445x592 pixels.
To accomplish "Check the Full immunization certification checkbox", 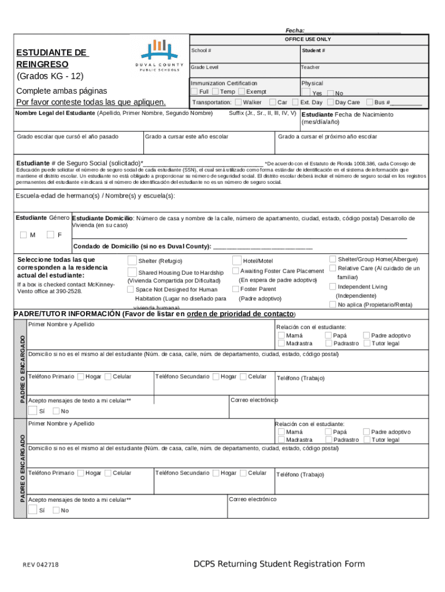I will click(194, 91).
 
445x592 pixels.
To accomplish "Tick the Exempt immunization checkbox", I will click(241, 91).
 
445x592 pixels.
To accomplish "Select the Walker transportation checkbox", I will click(238, 102).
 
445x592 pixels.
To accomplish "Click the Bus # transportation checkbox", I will click(369, 102).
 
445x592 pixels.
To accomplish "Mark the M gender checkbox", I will click(23, 235).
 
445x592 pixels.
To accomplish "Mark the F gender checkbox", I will click(51, 235).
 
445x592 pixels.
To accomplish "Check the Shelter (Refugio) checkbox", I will click(132, 261).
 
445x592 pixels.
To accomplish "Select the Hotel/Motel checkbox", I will click(237, 261).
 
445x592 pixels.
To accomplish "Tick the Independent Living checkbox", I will click(332, 287).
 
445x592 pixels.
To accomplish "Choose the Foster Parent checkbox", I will click(236, 288).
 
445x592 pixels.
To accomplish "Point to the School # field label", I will click(201, 50).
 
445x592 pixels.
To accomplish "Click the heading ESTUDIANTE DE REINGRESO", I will click(51, 58).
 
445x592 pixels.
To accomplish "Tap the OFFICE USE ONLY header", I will click(308, 39).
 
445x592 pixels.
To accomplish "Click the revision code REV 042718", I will click(40, 565).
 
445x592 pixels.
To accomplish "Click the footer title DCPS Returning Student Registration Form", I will click(279, 564).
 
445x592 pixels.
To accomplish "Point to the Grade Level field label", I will click(205, 68).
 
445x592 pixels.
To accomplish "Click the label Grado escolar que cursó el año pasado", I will click(68, 136).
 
